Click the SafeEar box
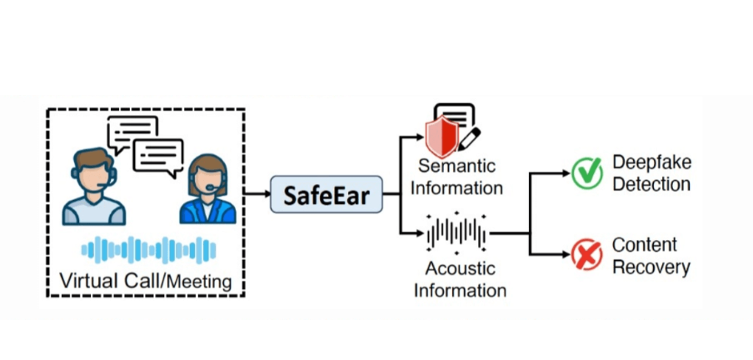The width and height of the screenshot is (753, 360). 325,194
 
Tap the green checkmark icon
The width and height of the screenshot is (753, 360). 587,173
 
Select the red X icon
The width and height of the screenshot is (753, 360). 587,254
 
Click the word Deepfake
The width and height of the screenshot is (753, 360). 651,162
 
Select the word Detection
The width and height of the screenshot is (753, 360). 651,184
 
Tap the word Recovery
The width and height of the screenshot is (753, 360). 651,267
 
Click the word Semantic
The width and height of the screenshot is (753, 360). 456,166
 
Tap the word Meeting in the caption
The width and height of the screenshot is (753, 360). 199,282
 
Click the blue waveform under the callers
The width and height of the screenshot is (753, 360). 148,249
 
